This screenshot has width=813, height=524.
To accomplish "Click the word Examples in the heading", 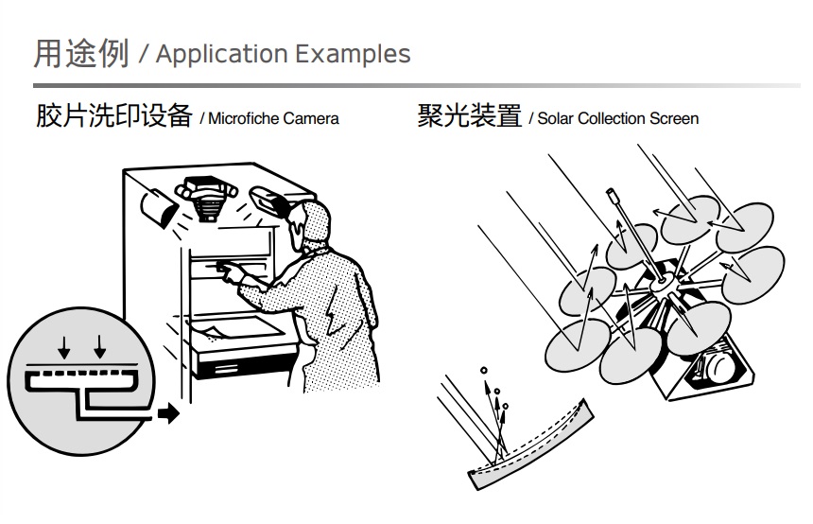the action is [x=354, y=53].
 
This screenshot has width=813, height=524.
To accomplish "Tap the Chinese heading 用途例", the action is [x=81, y=53].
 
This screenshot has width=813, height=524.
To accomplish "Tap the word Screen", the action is [x=674, y=119].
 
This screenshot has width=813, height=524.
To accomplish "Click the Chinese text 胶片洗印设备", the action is [x=114, y=115].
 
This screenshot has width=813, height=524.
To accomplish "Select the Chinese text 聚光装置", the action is [x=469, y=115].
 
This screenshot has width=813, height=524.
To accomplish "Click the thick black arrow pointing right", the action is [x=168, y=413].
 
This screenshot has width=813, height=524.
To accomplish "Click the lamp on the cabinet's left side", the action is [x=159, y=209].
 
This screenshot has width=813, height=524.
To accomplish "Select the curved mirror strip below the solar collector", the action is [x=531, y=445].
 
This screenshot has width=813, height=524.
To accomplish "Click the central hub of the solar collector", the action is [x=661, y=283].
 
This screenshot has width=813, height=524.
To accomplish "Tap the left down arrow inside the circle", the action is [x=63, y=348].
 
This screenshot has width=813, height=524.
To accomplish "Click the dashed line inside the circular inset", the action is [x=82, y=374].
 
